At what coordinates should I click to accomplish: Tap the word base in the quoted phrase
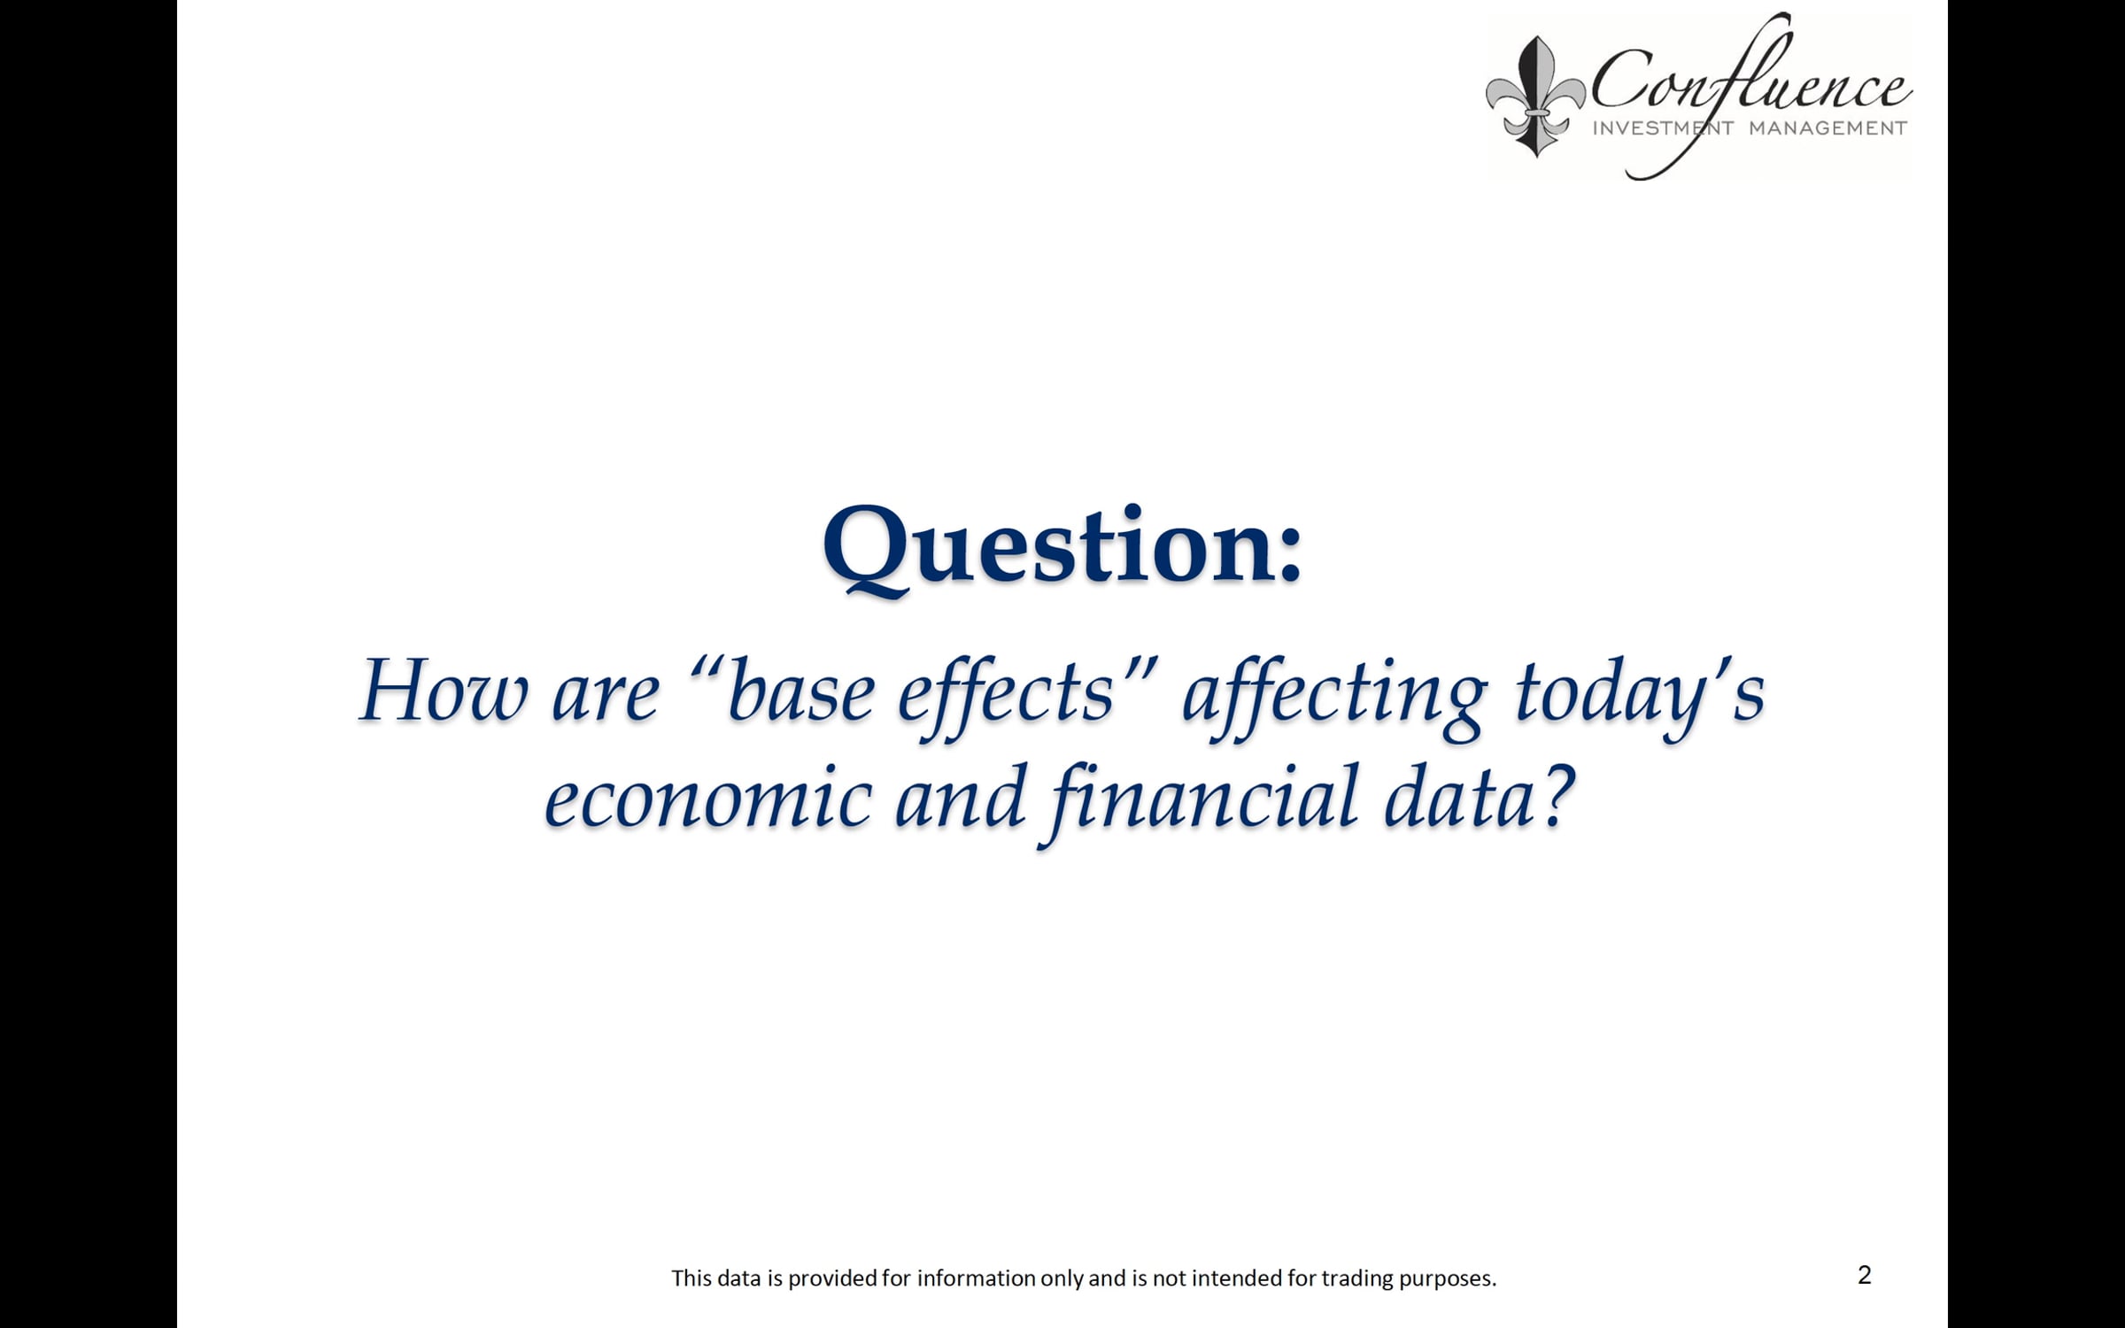click(801, 691)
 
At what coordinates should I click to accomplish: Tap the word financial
click(1204, 801)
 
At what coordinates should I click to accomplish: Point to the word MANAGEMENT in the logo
click(1827, 128)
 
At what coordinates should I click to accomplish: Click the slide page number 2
click(1864, 1275)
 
